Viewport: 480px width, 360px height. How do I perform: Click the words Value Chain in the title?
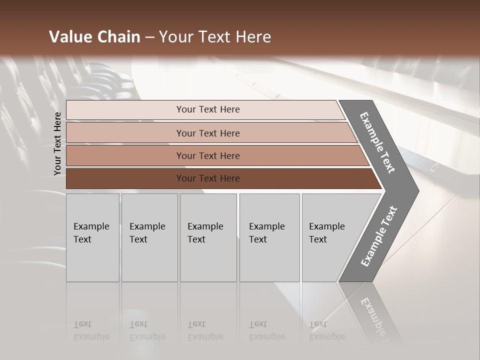click(x=94, y=37)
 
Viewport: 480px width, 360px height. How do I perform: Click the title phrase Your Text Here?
click(x=215, y=37)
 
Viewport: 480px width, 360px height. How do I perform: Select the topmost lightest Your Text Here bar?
click(x=207, y=109)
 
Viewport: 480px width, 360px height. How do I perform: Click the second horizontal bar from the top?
click(x=207, y=133)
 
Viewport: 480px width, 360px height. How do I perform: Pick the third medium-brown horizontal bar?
click(x=207, y=155)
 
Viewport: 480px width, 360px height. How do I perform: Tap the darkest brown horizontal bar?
click(x=207, y=178)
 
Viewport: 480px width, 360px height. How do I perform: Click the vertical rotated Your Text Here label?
click(x=57, y=143)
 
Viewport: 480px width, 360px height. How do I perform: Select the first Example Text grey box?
click(x=92, y=237)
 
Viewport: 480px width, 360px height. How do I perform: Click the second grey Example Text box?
click(x=149, y=237)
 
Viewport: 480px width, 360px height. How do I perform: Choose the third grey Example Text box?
click(x=207, y=237)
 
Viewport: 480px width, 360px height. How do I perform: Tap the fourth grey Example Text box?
click(x=269, y=237)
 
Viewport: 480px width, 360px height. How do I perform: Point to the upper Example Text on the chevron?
click(x=377, y=142)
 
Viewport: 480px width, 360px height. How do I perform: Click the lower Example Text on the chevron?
click(x=379, y=236)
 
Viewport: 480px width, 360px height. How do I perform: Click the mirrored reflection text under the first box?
click(x=91, y=331)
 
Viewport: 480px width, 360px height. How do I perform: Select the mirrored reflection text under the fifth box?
click(x=326, y=331)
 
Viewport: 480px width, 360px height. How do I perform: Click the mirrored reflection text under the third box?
click(x=205, y=331)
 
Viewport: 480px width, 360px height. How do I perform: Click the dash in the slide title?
click(x=149, y=37)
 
